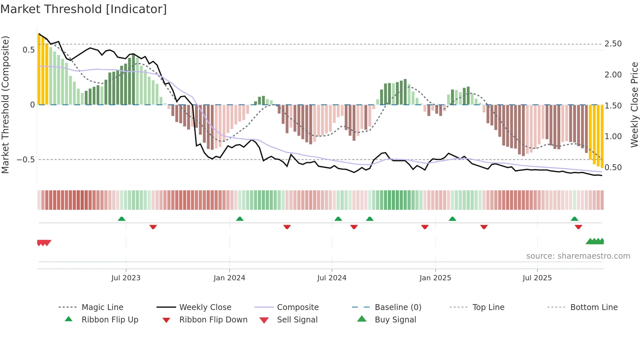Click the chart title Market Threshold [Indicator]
tap(84, 9)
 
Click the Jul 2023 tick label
tap(126, 278)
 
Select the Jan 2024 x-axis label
tap(229, 278)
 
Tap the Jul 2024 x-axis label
tap(332, 278)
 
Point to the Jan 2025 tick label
tap(435, 278)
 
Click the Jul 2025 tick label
tap(537, 278)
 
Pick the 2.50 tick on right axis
tap(613, 44)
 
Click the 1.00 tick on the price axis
tap(613, 137)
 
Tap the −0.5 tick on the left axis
tap(26, 160)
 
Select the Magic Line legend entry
tap(102, 307)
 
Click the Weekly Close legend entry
tap(205, 307)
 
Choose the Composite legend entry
tap(298, 307)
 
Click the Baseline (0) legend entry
tap(398, 307)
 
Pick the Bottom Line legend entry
tap(594, 307)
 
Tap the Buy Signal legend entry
tap(395, 320)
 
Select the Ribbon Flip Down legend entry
tap(213, 320)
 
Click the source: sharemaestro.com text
tap(578, 256)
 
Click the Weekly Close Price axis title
tap(634, 105)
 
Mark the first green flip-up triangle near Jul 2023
tap(121, 219)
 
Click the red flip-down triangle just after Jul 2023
tap(153, 227)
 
